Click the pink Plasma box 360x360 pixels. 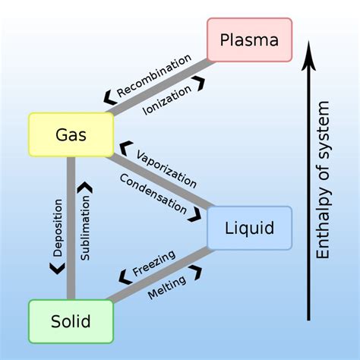[x=249, y=39]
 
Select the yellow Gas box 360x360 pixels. [x=71, y=134]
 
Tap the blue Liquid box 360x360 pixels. [x=249, y=228]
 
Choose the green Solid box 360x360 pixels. [x=71, y=321]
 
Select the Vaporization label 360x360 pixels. [x=166, y=169]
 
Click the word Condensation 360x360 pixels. [x=153, y=193]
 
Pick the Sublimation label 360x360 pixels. [x=85, y=228]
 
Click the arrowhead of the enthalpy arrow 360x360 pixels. [x=308, y=52]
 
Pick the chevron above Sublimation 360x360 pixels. [x=85, y=186]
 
